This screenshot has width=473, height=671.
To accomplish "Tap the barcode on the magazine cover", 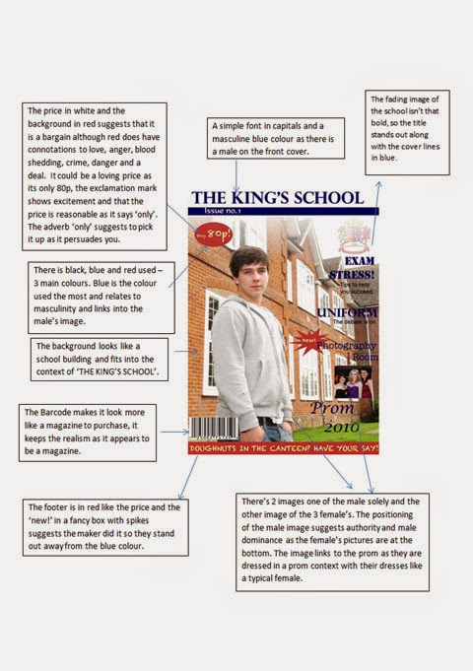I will click(x=214, y=431).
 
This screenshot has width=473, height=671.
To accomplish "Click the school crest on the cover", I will click(x=353, y=236).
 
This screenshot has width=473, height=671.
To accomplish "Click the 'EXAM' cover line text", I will click(x=357, y=263).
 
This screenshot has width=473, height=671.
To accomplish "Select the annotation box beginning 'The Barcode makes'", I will click(x=87, y=432).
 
